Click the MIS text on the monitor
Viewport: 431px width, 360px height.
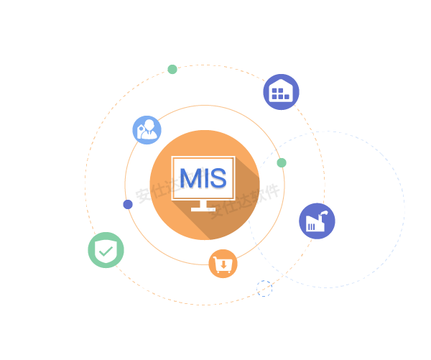(x=203, y=177)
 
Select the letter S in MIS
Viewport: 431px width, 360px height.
(x=218, y=177)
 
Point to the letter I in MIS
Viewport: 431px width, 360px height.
(x=205, y=177)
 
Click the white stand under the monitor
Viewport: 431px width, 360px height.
(x=203, y=206)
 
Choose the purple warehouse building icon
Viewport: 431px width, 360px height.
(x=281, y=92)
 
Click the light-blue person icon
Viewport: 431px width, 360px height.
(x=147, y=130)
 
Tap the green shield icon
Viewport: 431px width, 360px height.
(x=106, y=250)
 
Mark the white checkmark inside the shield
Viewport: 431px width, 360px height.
(x=106, y=251)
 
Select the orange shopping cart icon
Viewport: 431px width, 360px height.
(x=223, y=264)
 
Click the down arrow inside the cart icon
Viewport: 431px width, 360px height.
(x=224, y=265)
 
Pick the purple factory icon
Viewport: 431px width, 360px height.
(x=317, y=221)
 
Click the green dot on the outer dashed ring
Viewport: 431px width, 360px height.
(x=172, y=70)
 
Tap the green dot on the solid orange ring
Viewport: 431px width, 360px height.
(x=282, y=163)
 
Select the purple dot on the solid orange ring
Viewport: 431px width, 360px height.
(x=128, y=205)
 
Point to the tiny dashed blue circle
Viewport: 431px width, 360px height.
(x=264, y=289)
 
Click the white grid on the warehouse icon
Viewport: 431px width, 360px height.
(x=281, y=93)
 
